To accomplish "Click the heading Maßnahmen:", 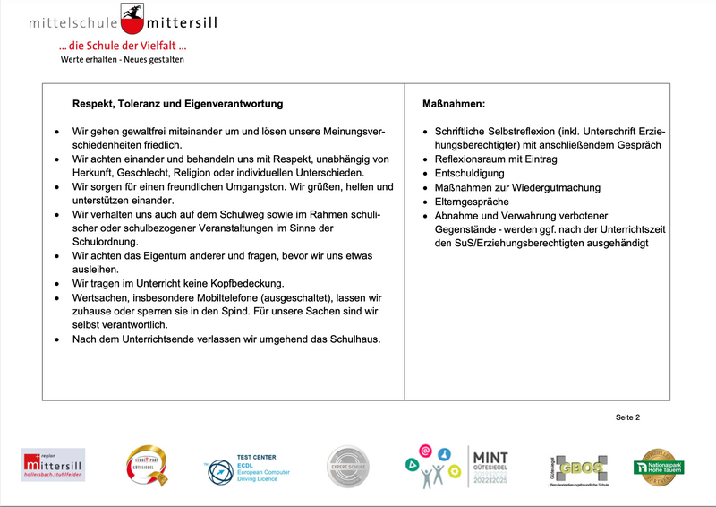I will pos(453,104).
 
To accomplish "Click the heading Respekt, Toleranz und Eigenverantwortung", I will pos(177,104).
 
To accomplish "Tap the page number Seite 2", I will pos(627,417).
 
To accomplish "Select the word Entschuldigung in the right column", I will pos(469,173).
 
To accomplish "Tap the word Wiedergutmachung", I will pos(555,187).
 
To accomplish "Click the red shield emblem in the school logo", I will pos(133,15).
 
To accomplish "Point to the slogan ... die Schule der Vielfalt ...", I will pos(122,46).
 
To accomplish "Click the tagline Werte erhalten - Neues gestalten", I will pos(122,59).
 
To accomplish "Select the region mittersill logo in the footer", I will pos(53,466).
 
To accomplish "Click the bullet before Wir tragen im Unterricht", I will pos(57,283).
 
